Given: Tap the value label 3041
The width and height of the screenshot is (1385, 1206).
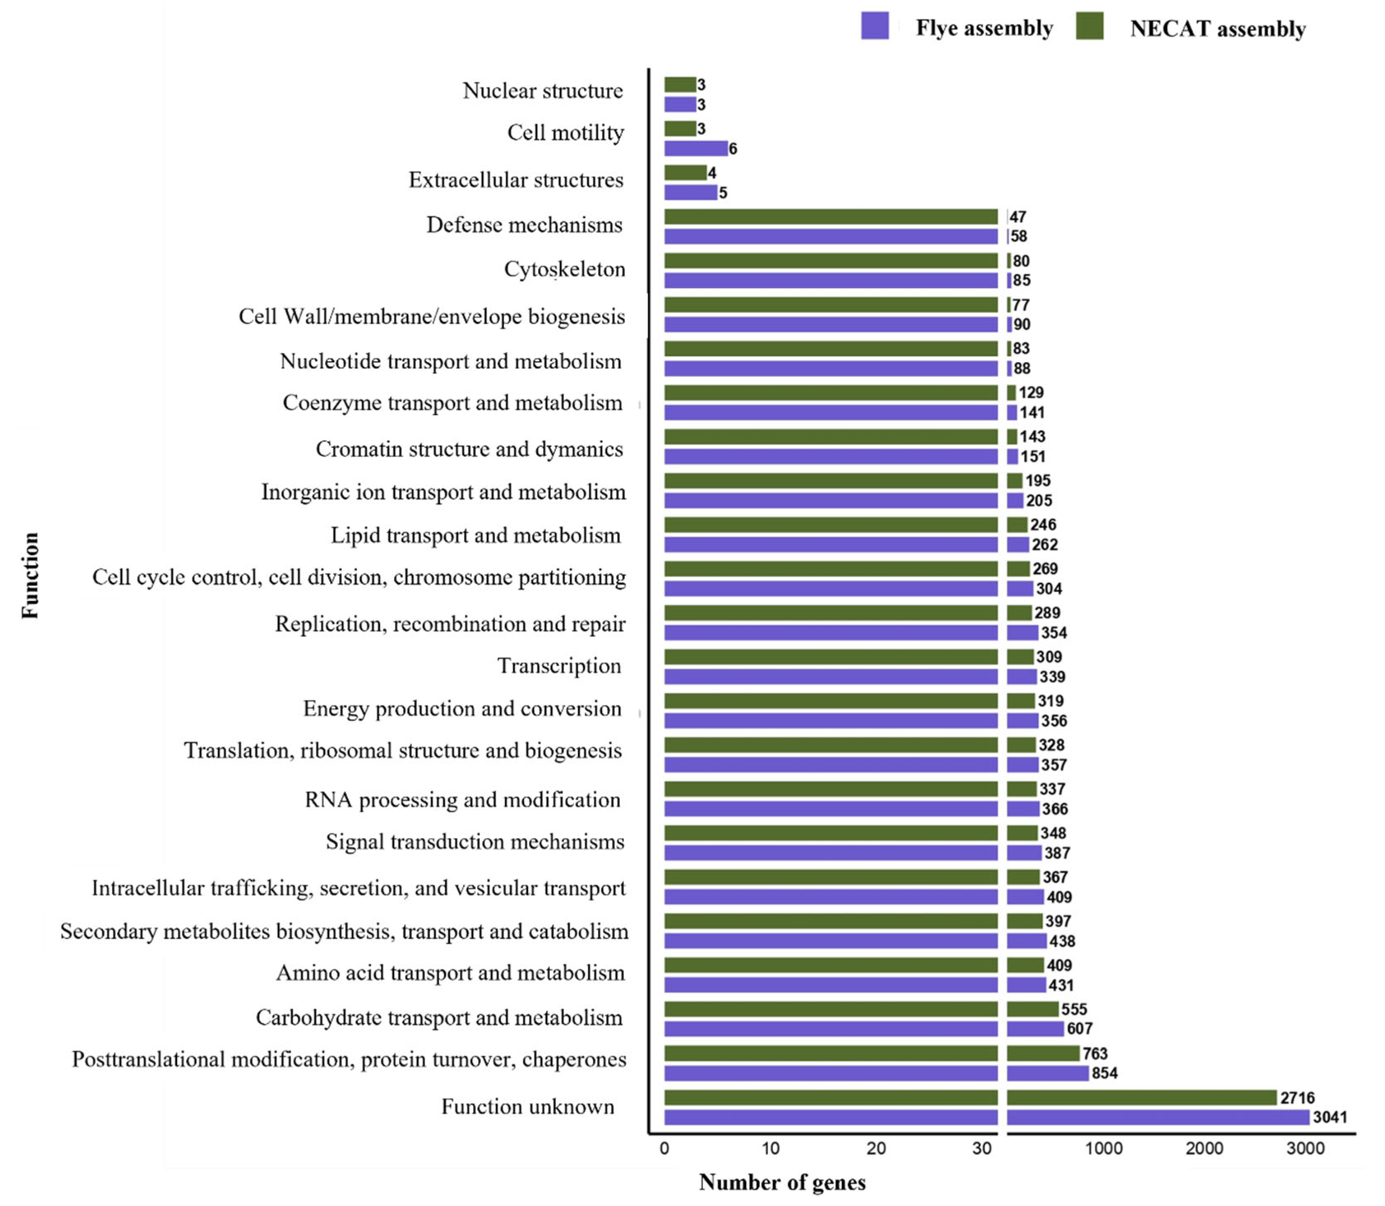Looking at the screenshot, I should (1330, 1117).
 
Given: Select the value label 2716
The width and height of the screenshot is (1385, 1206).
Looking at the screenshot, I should (1297, 1098).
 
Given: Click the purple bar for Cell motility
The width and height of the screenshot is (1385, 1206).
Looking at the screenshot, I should (695, 148).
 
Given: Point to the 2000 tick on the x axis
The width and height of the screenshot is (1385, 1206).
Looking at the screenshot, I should (1204, 1148).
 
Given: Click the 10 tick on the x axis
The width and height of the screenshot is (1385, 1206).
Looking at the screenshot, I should (770, 1148).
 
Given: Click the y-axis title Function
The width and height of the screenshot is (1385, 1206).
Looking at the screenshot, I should (30, 576).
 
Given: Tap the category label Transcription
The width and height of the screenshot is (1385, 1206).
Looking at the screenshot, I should (559, 665).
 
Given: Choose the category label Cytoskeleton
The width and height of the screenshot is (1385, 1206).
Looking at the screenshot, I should (564, 269).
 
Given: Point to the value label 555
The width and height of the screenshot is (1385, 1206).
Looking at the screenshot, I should (1074, 1009).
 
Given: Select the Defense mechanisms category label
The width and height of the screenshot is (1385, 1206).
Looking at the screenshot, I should (524, 225).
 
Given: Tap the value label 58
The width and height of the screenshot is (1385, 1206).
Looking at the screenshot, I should (1019, 236).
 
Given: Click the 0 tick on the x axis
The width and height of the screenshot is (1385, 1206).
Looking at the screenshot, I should (664, 1148).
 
